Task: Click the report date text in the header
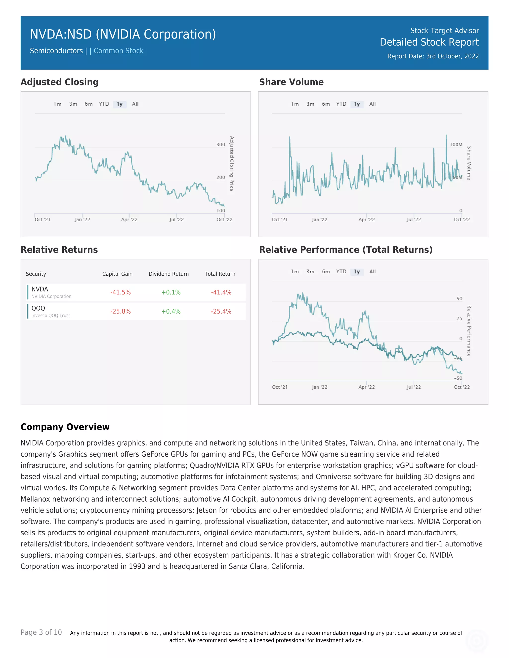click(x=433, y=56)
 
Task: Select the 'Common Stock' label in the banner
click(x=119, y=51)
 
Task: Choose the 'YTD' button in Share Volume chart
click(x=341, y=104)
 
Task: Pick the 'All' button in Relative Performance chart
click(x=372, y=271)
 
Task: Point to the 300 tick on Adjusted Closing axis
click(x=221, y=145)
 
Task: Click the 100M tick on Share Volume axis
click(x=456, y=145)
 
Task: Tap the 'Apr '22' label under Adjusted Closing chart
click(x=129, y=220)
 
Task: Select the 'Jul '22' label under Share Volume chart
click(x=413, y=220)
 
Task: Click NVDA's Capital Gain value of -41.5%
click(x=120, y=292)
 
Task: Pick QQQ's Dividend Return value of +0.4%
click(x=171, y=312)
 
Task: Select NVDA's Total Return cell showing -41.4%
click(x=221, y=292)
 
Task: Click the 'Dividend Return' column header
click(x=169, y=274)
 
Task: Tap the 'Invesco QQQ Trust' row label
click(x=51, y=315)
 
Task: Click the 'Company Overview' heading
click(x=65, y=427)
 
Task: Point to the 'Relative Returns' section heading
click(x=59, y=250)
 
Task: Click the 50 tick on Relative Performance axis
click(x=459, y=298)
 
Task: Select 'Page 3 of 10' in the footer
click(x=41, y=632)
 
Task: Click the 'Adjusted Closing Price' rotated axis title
click(x=232, y=164)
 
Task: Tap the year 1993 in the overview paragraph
click(x=137, y=566)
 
